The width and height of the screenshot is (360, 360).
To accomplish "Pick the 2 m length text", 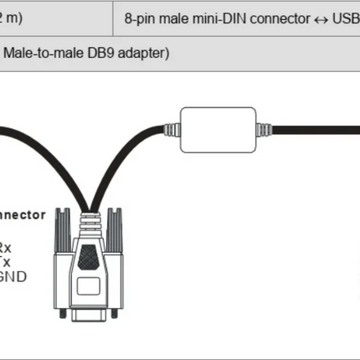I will (x=10, y=18).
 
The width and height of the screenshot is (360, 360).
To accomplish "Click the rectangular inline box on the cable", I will (x=216, y=127).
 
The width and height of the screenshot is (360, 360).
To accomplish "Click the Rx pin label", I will (x=6, y=249).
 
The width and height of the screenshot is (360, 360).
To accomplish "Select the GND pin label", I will (x=12, y=274).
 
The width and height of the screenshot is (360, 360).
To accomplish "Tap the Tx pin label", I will (x=6, y=261).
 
